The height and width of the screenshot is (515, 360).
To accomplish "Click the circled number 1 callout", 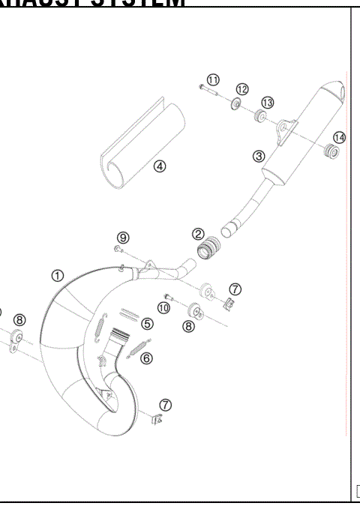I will (58, 276).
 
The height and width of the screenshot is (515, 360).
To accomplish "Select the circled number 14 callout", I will (340, 137).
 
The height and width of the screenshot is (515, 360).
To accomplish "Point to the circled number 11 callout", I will (214, 80).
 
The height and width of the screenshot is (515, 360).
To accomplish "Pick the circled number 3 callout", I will (259, 156).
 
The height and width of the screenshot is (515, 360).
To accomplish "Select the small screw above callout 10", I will (167, 296).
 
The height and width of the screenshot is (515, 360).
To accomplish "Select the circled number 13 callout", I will (267, 102).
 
